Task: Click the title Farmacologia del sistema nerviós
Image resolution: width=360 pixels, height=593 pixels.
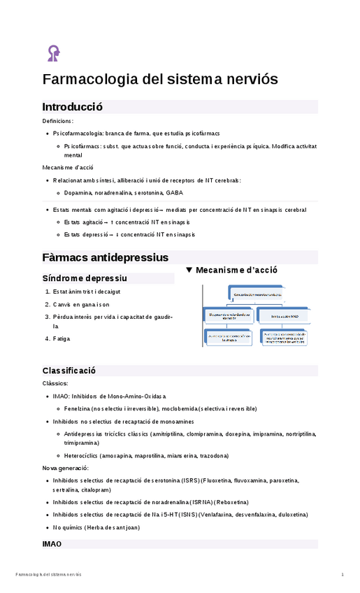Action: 160,80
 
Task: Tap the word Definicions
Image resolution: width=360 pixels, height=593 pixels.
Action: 57,121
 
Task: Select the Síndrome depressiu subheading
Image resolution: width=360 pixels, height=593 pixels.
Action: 85,278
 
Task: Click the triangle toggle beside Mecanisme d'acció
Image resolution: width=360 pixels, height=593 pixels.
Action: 189,270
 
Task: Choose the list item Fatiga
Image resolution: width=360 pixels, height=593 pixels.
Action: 62,339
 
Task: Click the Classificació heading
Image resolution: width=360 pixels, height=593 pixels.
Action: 69,370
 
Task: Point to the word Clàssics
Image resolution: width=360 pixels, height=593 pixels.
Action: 55,383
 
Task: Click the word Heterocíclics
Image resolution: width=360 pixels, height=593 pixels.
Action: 82,455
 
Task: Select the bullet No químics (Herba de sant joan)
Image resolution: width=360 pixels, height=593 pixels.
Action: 96,527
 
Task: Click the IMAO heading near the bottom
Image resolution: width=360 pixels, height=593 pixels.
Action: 52,543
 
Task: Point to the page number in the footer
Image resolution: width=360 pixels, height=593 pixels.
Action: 343,575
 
